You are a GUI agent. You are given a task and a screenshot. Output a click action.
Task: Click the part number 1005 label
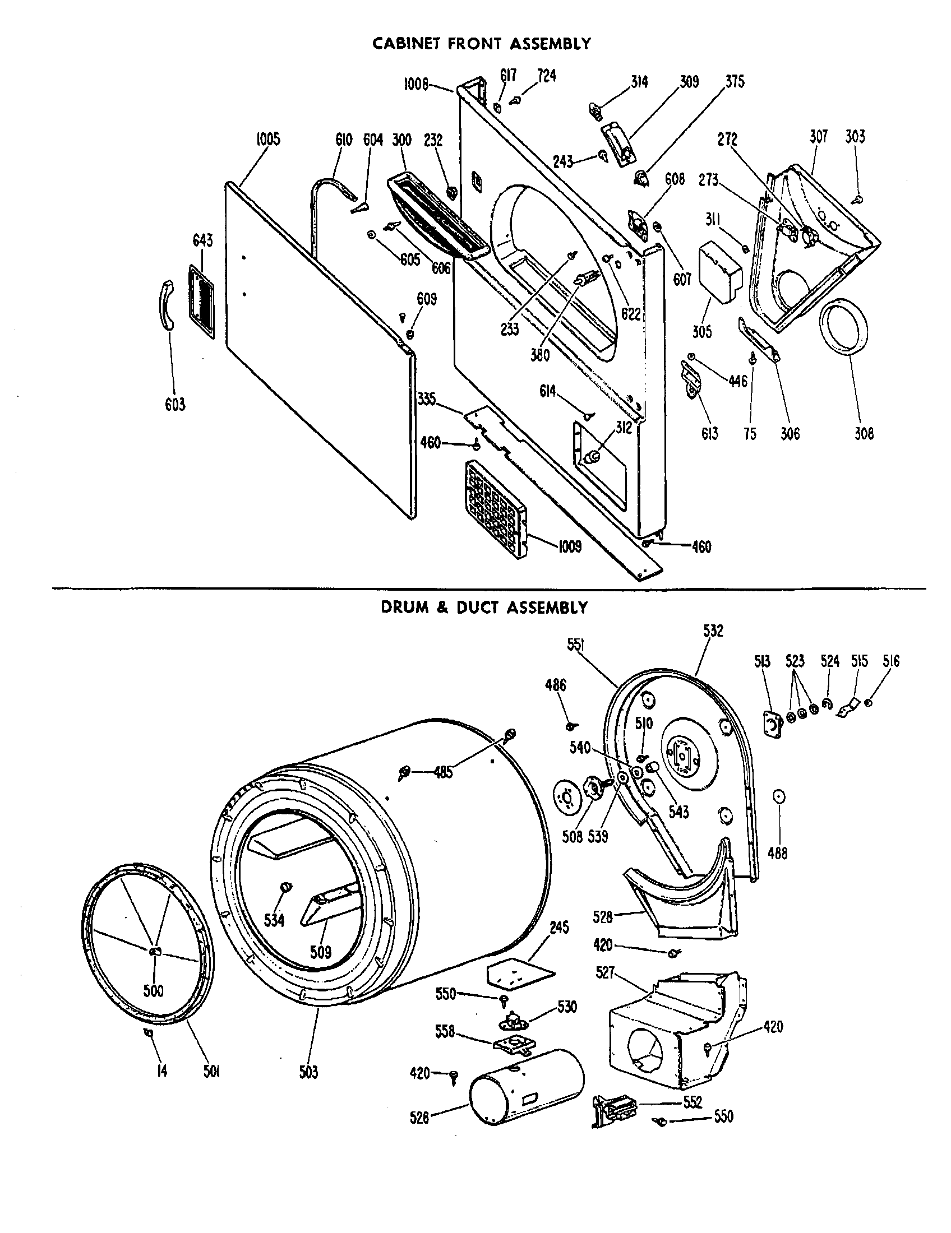(x=267, y=140)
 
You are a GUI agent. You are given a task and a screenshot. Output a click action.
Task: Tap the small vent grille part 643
(x=202, y=303)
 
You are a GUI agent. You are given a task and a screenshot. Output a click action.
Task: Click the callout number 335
(x=426, y=398)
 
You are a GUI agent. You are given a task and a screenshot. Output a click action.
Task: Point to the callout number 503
(x=308, y=1072)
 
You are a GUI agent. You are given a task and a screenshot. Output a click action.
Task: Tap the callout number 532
(x=713, y=631)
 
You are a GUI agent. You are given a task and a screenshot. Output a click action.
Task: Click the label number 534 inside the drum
(x=274, y=921)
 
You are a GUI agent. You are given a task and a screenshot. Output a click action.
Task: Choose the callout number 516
(x=891, y=661)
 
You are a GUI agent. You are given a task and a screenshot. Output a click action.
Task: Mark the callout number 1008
(x=416, y=85)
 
